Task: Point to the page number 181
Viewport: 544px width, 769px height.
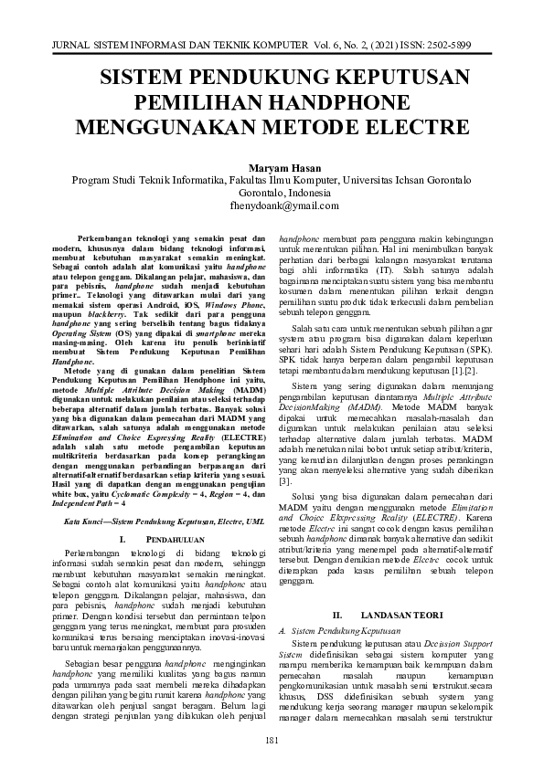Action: [x=272, y=739]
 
